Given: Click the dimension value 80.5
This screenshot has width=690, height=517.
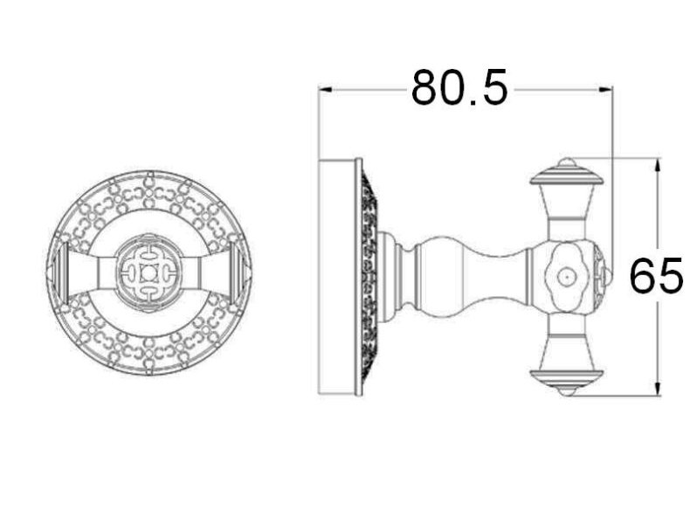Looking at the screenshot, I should click(459, 88).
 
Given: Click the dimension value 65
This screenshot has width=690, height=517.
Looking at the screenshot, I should click(655, 277).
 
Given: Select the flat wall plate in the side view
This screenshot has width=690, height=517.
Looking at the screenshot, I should click(339, 277).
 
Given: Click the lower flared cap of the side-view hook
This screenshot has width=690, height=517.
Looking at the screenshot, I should click(567, 377).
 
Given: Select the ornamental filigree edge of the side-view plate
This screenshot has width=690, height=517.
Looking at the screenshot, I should click(368, 277).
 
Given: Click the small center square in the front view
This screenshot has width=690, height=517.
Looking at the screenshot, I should click(148, 272).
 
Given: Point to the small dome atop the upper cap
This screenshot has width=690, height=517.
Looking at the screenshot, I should click(567, 162).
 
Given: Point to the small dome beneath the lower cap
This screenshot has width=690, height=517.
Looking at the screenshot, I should click(567, 392).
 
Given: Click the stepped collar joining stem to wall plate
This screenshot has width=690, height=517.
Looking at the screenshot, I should click(397, 276).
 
